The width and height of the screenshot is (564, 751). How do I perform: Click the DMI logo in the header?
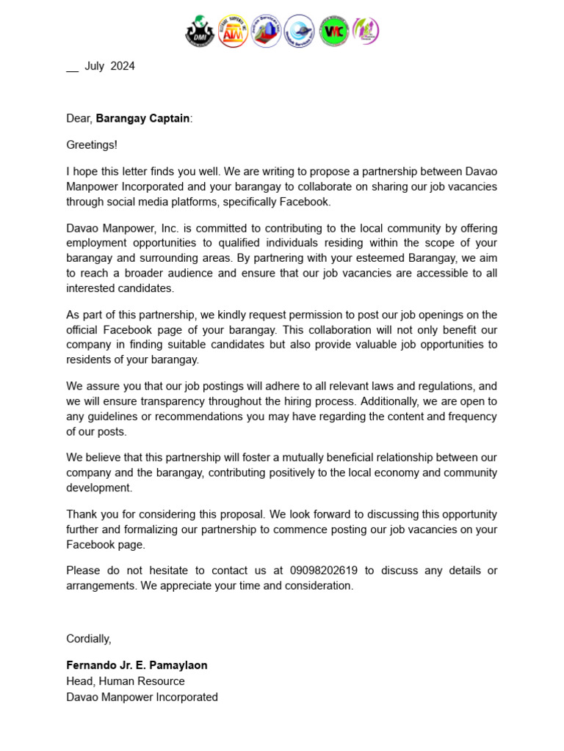[199, 32]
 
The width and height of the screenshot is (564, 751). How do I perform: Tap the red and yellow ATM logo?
[233, 32]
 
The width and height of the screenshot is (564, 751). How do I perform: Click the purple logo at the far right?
[365, 32]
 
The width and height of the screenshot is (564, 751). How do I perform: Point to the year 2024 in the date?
[123, 66]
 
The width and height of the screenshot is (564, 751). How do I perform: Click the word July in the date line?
[95, 66]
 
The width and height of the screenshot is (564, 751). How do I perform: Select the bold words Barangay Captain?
[142, 118]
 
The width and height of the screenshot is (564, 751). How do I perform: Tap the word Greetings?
[92, 145]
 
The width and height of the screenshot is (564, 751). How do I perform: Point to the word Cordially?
[88, 639]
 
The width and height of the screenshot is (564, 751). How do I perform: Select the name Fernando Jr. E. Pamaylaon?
[137, 665]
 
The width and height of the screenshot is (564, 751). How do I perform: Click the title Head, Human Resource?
[125, 681]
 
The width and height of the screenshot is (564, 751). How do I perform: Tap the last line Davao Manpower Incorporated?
[142, 697]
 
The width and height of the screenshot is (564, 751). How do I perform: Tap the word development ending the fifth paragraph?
[99, 488]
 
